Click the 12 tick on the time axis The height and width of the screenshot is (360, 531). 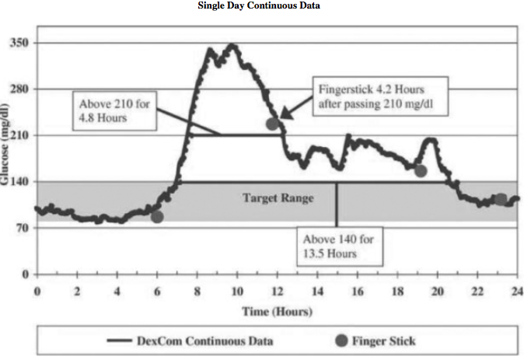(x=277, y=291)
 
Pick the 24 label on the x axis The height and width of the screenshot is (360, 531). (x=516, y=291)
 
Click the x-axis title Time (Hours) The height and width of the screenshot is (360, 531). (x=278, y=311)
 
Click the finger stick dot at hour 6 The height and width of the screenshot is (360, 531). (x=157, y=216)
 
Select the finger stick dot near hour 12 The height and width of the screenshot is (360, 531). (x=272, y=124)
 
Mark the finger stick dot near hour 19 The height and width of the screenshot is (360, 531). (x=421, y=171)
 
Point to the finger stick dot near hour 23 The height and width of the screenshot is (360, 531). (x=501, y=200)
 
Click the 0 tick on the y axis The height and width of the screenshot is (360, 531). (x=25, y=274)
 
